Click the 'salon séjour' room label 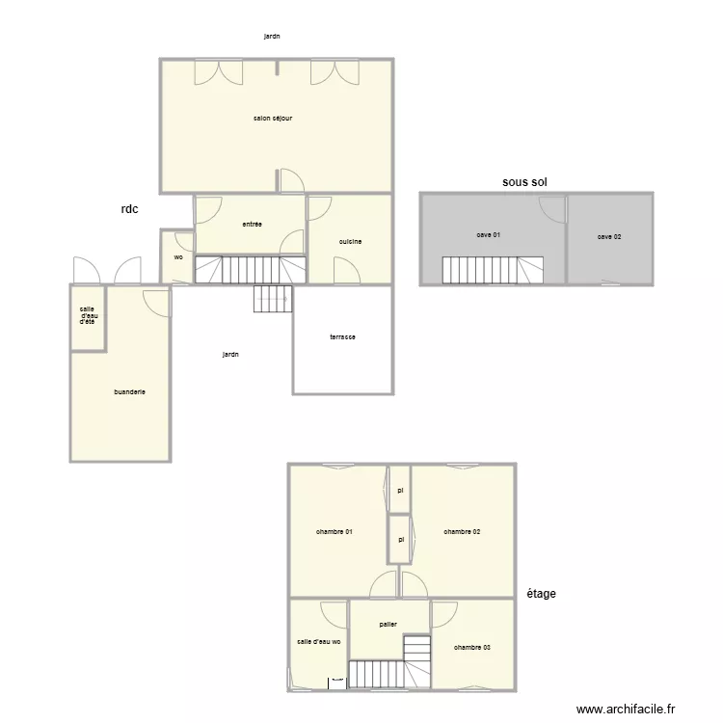coord(273,119)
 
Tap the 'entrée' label coord(253,224)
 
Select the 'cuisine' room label coord(350,241)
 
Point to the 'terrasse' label coord(342,336)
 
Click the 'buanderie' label coord(129,391)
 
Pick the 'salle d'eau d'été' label coord(87,315)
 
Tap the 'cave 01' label coord(488,234)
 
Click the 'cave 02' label coord(609,236)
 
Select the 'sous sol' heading coord(524,181)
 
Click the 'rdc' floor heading coord(129,208)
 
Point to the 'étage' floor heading coord(541,594)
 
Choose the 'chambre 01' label coord(334,531)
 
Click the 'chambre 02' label coord(462,531)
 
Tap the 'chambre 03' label coord(472,647)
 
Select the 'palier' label coord(388,624)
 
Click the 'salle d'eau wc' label coord(319,642)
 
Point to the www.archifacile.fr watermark coord(626,710)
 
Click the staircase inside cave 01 coord(493,270)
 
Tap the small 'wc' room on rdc coord(178,257)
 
